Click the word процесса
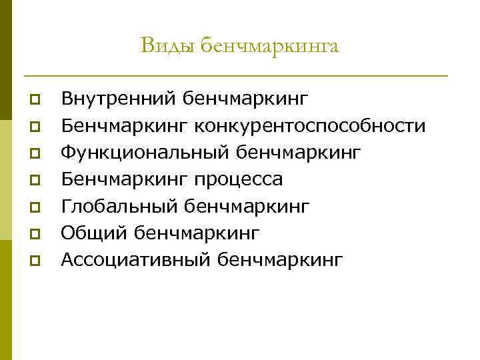tap(239, 179)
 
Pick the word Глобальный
tap(115, 206)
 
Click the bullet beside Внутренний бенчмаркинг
tap(34, 101)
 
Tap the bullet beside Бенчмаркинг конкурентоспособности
tap(34, 127)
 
